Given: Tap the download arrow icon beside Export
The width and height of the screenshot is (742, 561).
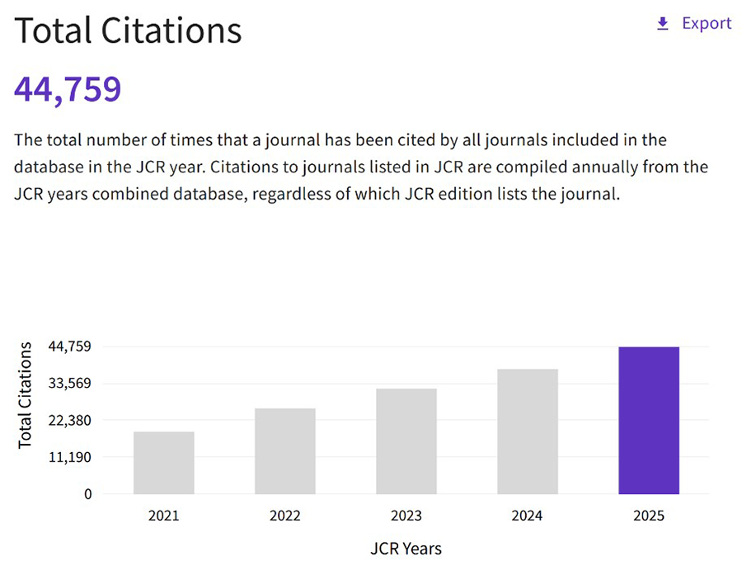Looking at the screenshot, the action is coord(663,24).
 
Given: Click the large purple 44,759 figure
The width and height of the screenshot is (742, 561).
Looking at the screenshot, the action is coord(68,89).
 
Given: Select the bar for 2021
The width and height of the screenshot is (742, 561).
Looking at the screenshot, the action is coord(164,463).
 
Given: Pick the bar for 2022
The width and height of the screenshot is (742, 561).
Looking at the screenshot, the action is coord(285,451).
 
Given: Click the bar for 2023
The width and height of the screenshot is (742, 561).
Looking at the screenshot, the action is coord(406,441).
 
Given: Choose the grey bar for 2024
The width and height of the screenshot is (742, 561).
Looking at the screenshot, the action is coord(528,431).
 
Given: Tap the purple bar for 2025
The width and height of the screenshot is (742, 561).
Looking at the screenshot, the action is coord(649,421).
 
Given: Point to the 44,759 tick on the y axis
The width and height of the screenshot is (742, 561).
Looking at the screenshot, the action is coord(69,346).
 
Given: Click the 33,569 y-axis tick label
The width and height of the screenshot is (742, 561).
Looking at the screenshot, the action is coord(69,383).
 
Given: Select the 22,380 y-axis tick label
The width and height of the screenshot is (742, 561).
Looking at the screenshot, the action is coord(69,421).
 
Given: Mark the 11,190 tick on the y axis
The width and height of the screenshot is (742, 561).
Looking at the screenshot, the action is coord(69,457).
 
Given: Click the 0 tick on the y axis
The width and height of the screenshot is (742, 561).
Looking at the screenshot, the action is coord(88,494).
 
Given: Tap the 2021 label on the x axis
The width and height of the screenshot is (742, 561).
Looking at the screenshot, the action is coord(164,516).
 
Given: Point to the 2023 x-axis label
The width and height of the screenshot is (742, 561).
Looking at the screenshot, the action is coord(406,516).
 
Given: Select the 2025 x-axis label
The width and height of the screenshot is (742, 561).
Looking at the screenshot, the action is coord(649,516).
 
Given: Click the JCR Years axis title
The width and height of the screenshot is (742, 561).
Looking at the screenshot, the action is coord(406,549).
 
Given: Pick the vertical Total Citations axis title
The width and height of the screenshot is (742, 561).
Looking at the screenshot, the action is coord(25,395).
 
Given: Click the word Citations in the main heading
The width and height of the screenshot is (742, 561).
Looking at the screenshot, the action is coord(171,31).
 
